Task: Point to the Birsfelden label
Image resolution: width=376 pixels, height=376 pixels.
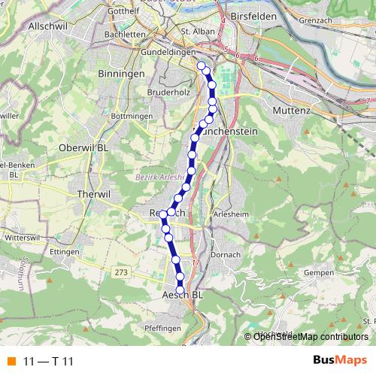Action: pos(255,15)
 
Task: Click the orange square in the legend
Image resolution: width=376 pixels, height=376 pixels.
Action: pos(11,361)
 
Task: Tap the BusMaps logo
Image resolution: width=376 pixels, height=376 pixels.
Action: pos(340,360)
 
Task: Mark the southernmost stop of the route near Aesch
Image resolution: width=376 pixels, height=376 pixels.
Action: pos(180,290)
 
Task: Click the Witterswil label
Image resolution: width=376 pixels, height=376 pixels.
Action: pos(22,235)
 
